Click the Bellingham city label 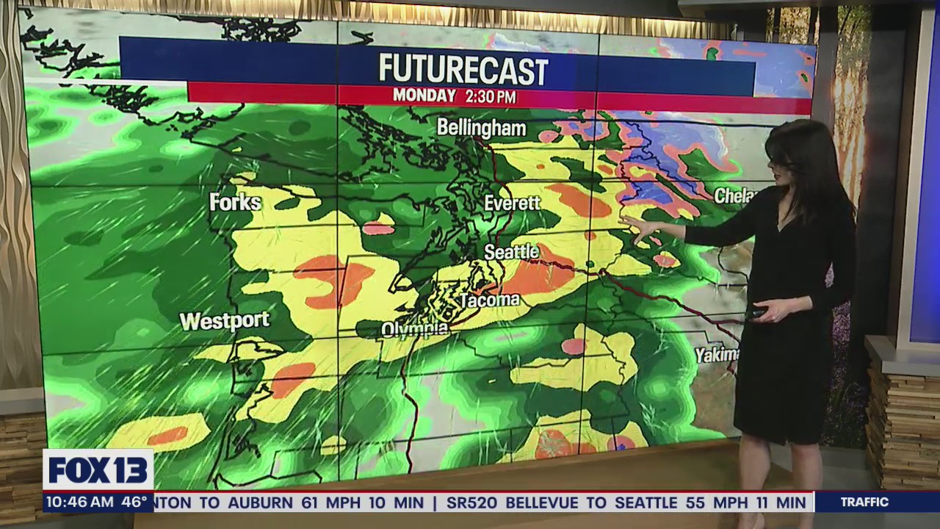point(481,128)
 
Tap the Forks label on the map point(235,202)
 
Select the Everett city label point(512,204)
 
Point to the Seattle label point(511,252)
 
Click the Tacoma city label point(489,300)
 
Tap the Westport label point(225,321)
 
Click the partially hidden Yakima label point(717,355)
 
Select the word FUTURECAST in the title point(463,71)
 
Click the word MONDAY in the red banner point(424,96)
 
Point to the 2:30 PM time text point(490,96)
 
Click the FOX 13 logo point(98,470)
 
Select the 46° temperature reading point(134,503)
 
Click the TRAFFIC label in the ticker point(864,503)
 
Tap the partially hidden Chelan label point(734,195)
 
